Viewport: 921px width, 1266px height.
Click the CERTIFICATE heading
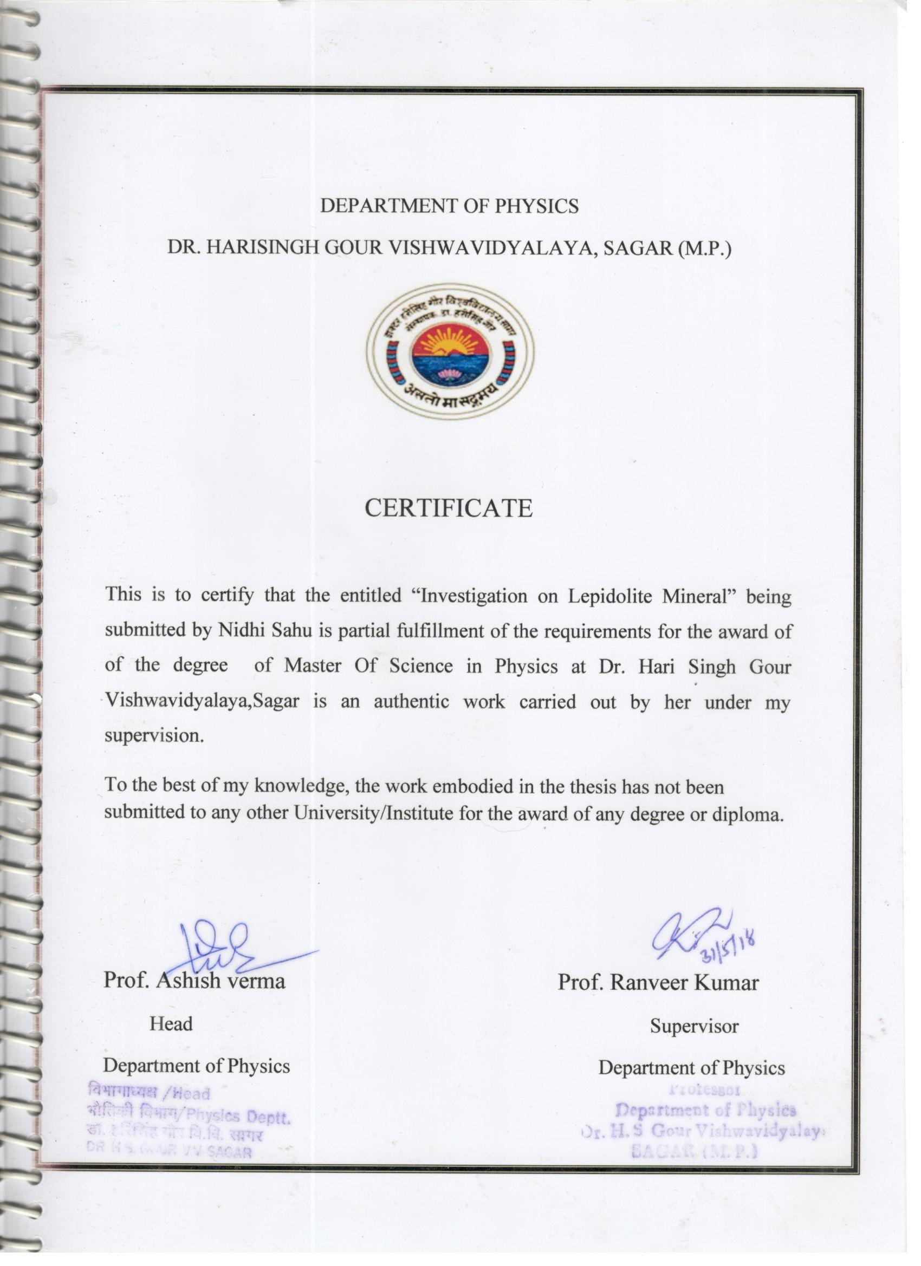449,508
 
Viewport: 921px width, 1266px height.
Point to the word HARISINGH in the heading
263,249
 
